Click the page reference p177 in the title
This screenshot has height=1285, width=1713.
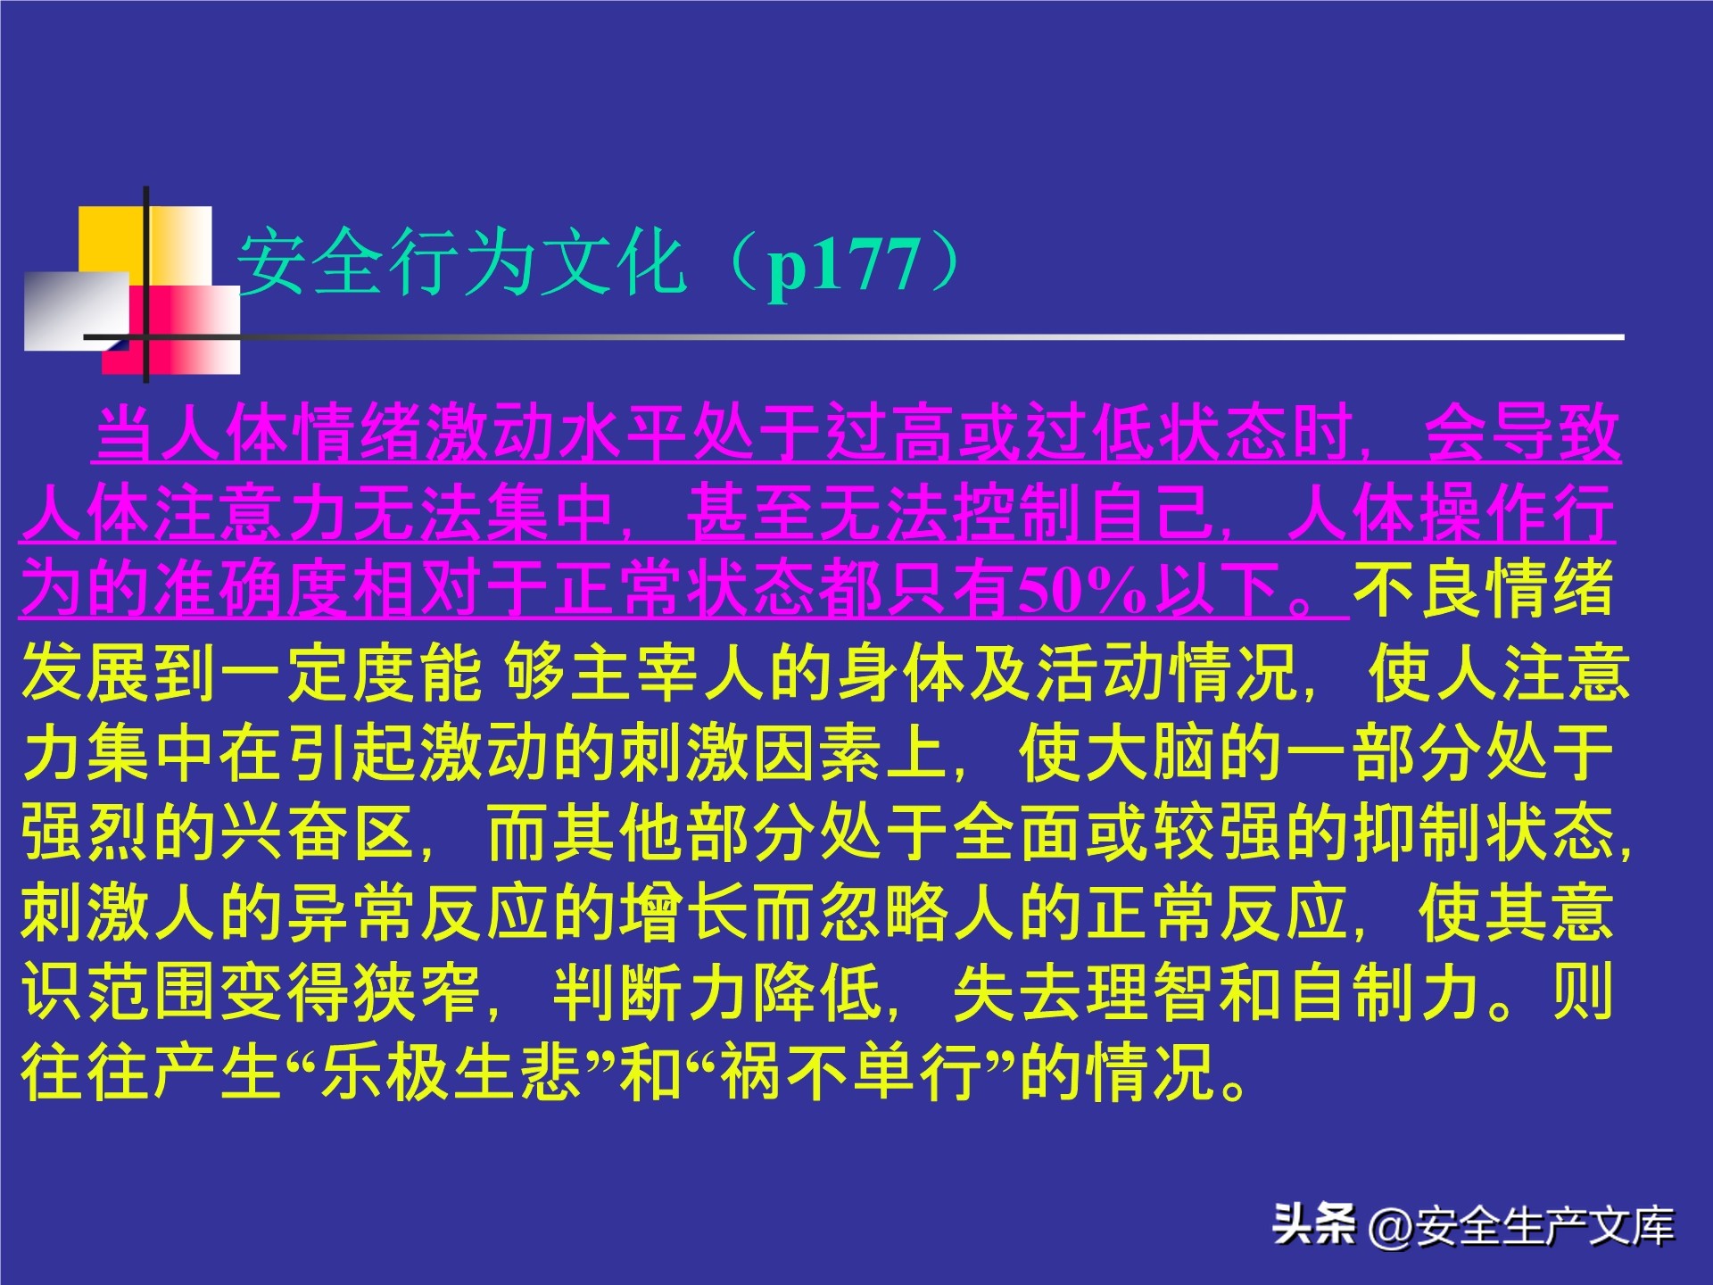[x=844, y=265]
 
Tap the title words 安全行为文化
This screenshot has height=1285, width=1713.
[x=460, y=263]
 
